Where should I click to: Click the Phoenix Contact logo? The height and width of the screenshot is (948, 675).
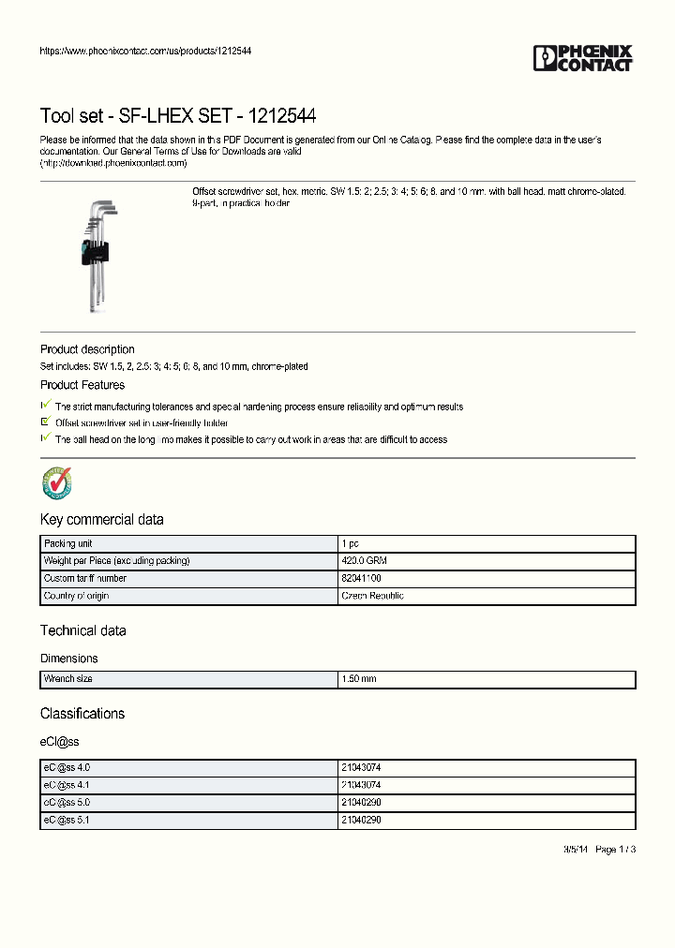point(583,58)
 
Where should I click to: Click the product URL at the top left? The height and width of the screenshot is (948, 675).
point(145,51)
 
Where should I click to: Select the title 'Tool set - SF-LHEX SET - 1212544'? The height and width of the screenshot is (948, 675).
point(177,116)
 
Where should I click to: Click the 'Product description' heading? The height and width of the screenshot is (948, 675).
point(87,349)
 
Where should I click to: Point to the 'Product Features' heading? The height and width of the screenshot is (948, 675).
point(82,385)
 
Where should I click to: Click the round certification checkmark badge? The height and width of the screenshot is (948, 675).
point(57,483)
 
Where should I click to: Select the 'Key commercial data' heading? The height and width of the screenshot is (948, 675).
point(101,519)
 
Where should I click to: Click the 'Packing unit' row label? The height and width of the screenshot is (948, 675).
point(67,543)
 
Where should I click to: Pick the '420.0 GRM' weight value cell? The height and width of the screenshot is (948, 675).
point(364,560)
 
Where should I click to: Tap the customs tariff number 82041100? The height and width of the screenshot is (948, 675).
point(361,578)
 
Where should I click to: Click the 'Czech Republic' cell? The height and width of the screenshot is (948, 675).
point(372,596)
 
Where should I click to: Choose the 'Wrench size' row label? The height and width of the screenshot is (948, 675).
point(67,678)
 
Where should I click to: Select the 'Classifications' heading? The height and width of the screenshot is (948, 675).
point(82,714)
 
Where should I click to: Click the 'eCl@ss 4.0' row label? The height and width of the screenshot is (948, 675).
point(67,767)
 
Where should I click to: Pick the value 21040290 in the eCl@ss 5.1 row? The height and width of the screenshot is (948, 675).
point(361,820)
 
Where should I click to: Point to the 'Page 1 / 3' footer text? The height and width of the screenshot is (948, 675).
point(615,849)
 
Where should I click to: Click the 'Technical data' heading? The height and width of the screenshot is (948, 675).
point(82,630)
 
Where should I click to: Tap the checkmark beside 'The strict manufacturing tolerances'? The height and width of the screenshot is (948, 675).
point(45,405)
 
